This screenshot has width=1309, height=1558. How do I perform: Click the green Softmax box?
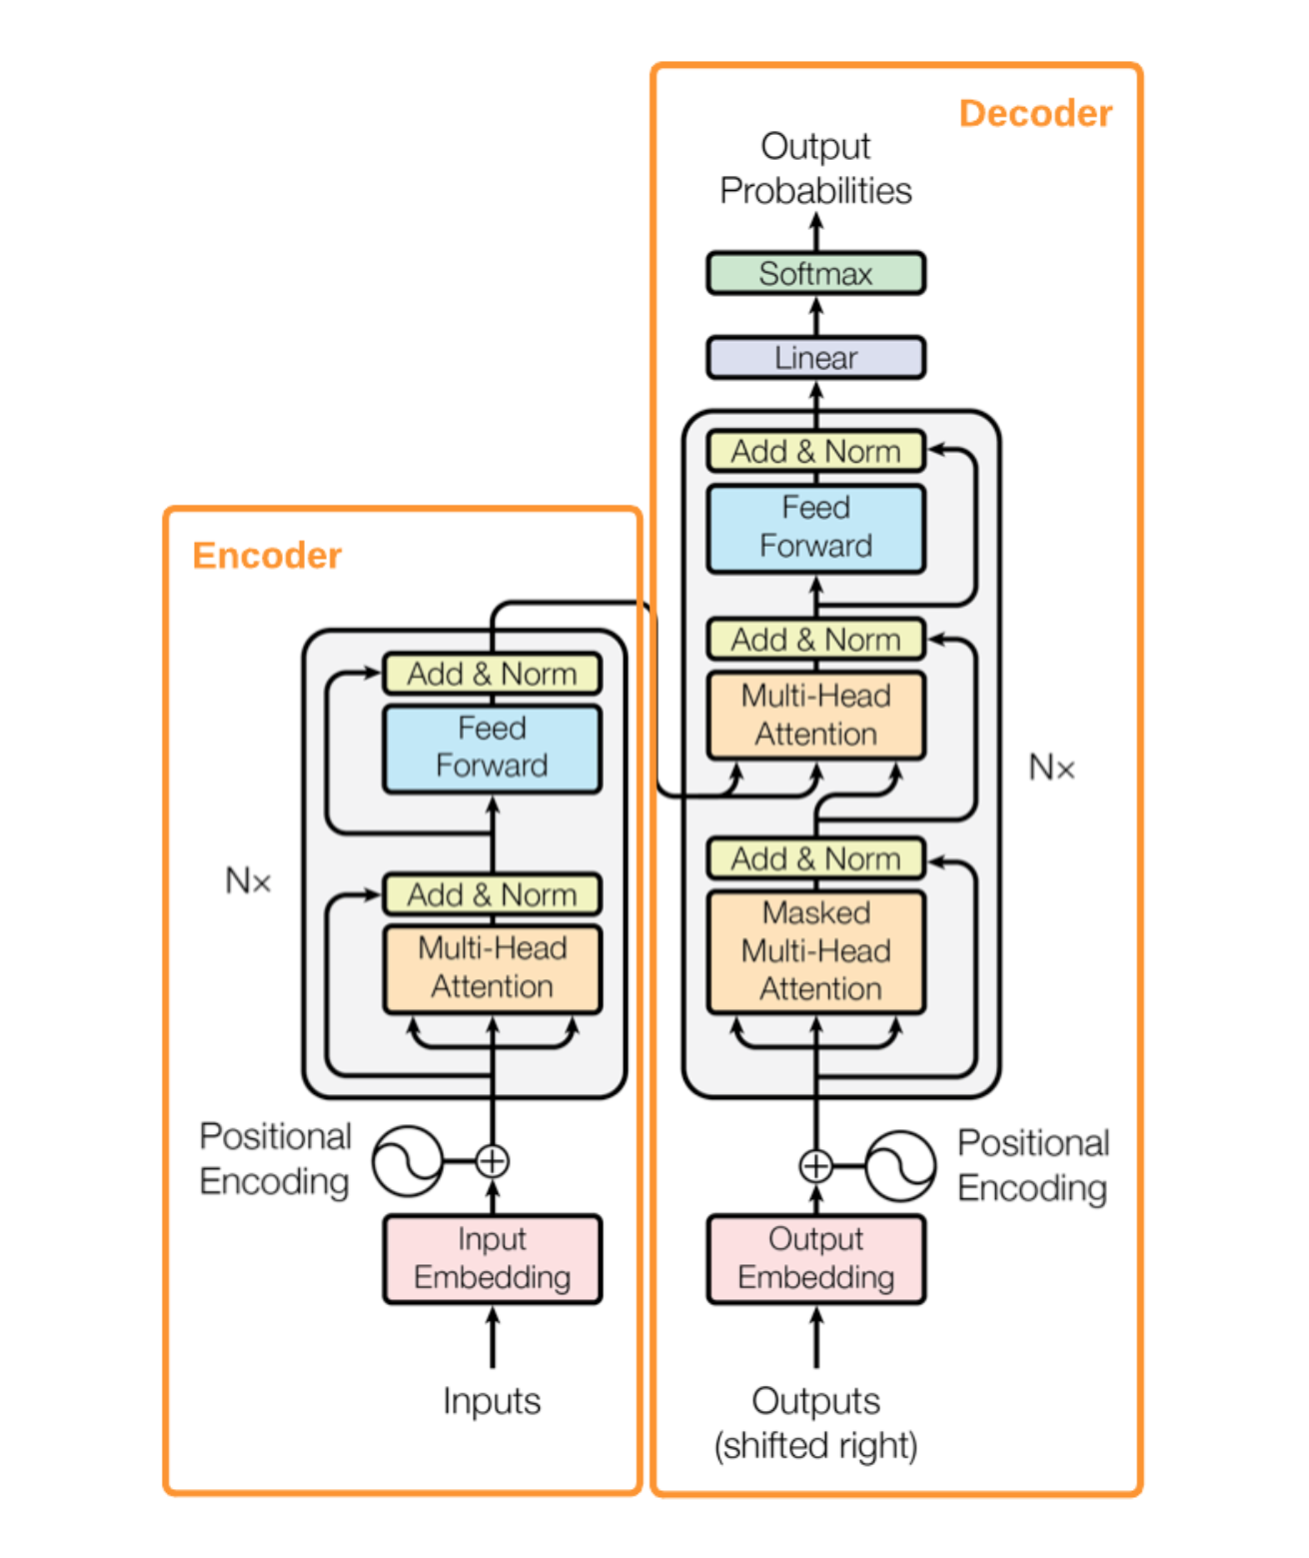tap(815, 273)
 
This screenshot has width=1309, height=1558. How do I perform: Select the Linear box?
tap(815, 358)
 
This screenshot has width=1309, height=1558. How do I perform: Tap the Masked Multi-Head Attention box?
tap(815, 951)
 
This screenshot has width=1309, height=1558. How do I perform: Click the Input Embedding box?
tap(493, 1259)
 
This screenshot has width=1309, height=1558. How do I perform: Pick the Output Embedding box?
tap(815, 1259)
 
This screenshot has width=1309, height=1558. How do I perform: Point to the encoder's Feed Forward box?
tap(493, 748)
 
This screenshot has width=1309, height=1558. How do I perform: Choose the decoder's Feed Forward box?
tap(815, 529)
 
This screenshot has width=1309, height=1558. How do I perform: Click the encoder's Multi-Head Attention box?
tap(493, 968)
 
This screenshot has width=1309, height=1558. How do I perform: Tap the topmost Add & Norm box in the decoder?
tap(815, 451)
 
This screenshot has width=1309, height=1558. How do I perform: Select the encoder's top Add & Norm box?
tap(493, 673)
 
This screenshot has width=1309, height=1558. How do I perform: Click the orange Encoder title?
tap(267, 556)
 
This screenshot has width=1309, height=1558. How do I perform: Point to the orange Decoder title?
tap(1036, 113)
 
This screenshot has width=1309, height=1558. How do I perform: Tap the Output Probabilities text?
tap(815, 168)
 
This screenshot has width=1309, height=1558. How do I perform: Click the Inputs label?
tap(492, 1400)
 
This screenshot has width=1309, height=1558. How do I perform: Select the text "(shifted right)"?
tap(815, 1445)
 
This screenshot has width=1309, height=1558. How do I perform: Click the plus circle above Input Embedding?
tap(493, 1161)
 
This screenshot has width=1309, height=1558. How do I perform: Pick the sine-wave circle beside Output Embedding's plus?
tap(900, 1165)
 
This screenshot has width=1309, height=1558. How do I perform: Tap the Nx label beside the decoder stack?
tap(1051, 768)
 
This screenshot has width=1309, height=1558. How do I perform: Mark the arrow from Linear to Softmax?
tap(816, 316)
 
